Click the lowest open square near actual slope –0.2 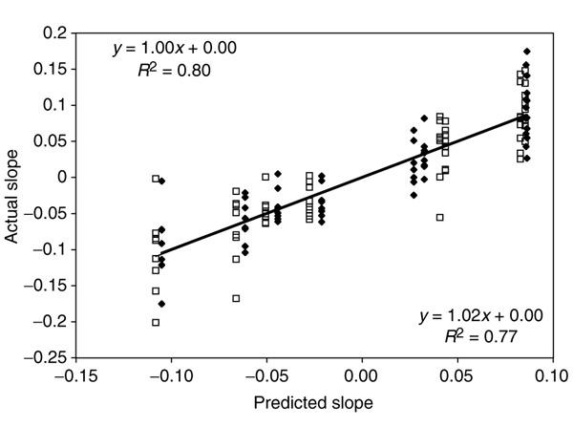pyautogui.click(x=156, y=323)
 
